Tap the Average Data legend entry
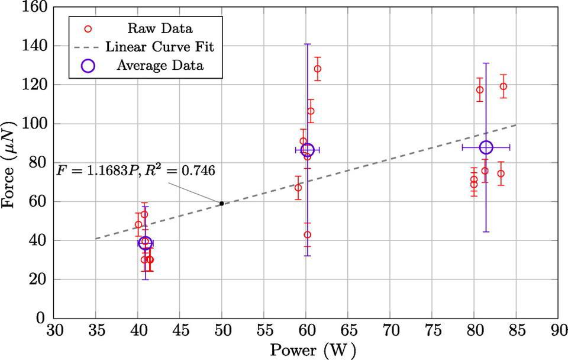pos(160,65)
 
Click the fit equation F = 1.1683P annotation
pos(135,171)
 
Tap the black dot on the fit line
pos(222,203)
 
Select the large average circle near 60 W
pos(308,150)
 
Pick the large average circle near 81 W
pos(486,147)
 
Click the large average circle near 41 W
pos(145,243)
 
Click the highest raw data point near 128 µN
pos(318,69)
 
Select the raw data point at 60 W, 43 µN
pos(307,234)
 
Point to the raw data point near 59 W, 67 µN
pos(298,188)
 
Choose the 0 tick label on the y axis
pos(41,318)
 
